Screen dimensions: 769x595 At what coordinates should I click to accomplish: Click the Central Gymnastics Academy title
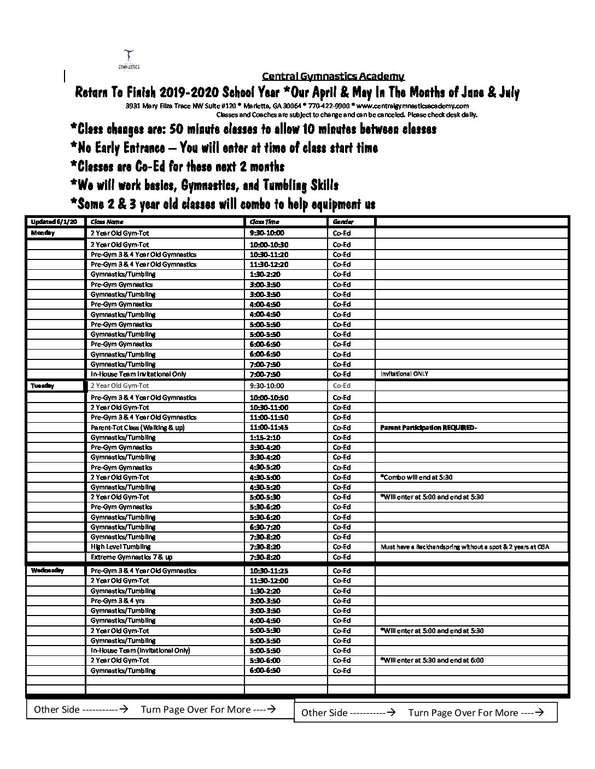point(333,76)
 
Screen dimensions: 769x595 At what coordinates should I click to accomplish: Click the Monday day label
point(43,233)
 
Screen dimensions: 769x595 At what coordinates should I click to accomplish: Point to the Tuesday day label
point(42,386)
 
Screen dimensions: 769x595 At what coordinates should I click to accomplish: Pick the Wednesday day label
point(48,570)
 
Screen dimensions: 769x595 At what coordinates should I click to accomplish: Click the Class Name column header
point(107,222)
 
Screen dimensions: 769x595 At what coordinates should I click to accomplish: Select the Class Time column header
point(264,222)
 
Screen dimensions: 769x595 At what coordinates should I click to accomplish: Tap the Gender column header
point(343,222)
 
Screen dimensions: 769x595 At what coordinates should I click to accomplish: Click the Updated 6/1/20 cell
point(54,222)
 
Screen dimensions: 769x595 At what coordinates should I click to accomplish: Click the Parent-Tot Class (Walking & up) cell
point(137,428)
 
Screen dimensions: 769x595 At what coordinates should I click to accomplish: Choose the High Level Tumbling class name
point(120,547)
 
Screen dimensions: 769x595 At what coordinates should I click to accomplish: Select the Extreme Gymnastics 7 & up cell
point(131,557)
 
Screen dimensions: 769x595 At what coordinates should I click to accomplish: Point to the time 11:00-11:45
point(269,428)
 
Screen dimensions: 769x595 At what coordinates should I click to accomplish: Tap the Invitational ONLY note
point(404,374)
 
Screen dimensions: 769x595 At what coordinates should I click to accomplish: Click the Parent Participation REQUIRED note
point(428,428)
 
